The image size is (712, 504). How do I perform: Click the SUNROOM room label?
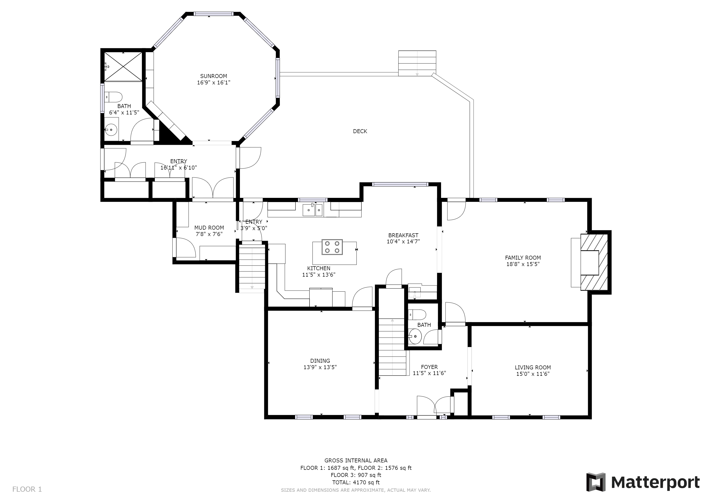[213, 76]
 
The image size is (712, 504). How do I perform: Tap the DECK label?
[360, 131]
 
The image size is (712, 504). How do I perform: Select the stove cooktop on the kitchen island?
[332, 247]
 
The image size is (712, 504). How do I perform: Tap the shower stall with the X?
[123, 67]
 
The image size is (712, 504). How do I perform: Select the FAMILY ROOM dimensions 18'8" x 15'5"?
[523, 264]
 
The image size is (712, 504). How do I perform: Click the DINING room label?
[320, 361]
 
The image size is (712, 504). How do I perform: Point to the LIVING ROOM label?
[533, 367]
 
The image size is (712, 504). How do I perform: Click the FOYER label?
[429, 367]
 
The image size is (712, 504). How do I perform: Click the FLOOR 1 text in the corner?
[27, 489]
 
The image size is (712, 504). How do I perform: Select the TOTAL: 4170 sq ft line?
[356, 482]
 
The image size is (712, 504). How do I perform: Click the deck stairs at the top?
[417, 63]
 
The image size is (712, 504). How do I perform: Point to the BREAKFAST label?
[403, 235]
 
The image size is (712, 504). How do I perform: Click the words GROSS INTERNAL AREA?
[356, 460]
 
